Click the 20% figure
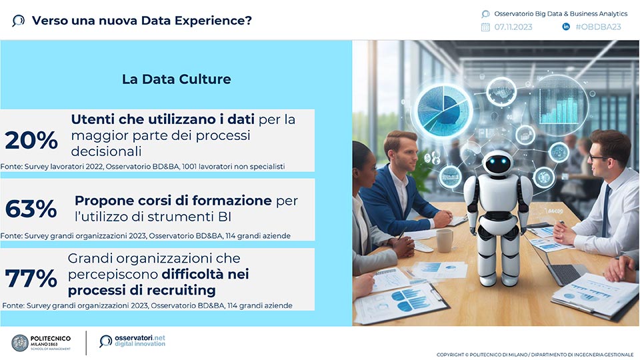(31, 140)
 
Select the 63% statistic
(31, 209)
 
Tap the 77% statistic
(31, 278)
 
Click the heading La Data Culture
(176, 79)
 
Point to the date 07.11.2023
(513, 27)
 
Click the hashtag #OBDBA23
(598, 27)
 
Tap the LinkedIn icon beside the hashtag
(566, 27)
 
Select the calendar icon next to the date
(485, 27)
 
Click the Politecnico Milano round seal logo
(20, 343)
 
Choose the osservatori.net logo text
(139, 341)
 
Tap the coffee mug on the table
(444, 240)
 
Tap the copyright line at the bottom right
(535, 355)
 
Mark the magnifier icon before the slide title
(19, 21)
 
